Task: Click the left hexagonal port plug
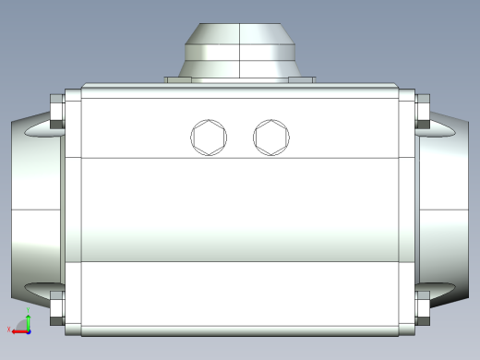click(x=208, y=138)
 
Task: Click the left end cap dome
click(x=32, y=212)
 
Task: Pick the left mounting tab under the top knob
click(x=178, y=79)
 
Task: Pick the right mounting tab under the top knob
click(x=301, y=79)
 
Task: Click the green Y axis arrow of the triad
click(x=28, y=318)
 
